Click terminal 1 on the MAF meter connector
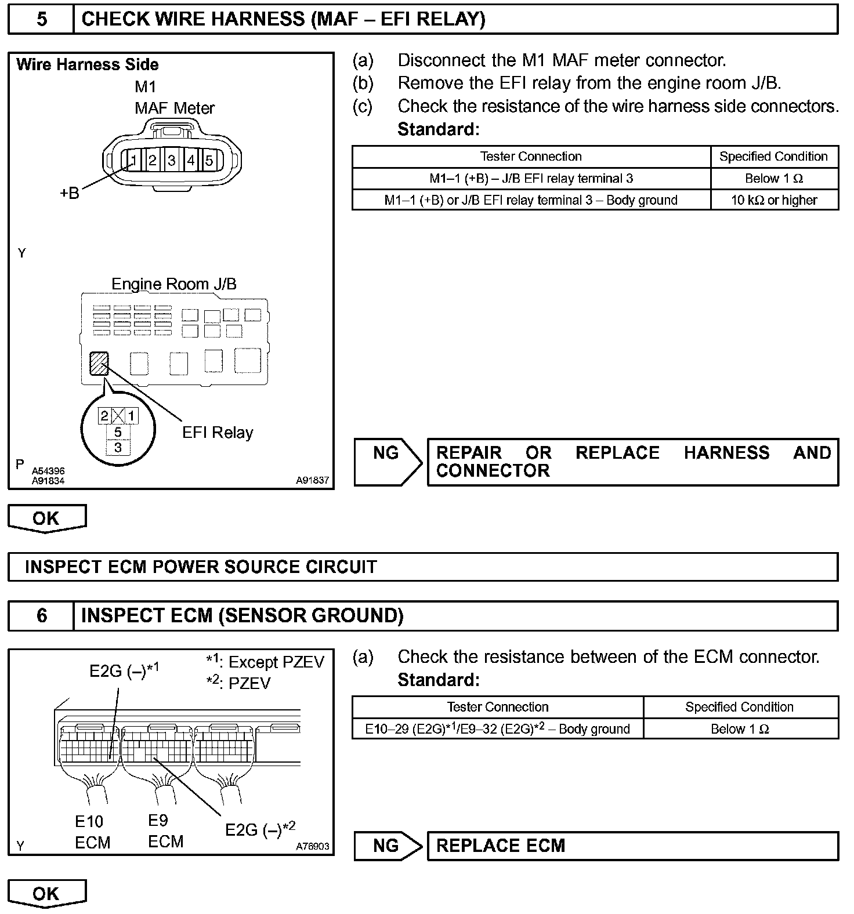pyautogui.click(x=133, y=159)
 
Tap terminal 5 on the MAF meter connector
pyautogui.click(x=209, y=159)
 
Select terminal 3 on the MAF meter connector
pyautogui.click(x=172, y=159)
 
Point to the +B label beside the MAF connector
pyautogui.click(x=70, y=193)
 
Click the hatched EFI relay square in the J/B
pyautogui.click(x=99, y=364)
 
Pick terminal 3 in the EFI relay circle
pyautogui.click(x=118, y=448)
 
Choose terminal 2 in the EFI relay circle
pyautogui.click(x=104, y=416)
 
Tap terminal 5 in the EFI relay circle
pyautogui.click(x=118, y=432)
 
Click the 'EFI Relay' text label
pyautogui.click(x=218, y=433)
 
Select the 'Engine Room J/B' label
pyautogui.click(x=174, y=284)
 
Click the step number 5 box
pyautogui.click(x=42, y=19)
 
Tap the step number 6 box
pyautogui.click(x=42, y=615)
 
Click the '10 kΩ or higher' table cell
pyautogui.click(x=774, y=200)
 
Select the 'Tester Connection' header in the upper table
pyautogui.click(x=531, y=157)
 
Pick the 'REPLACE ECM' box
pyautogui.click(x=632, y=846)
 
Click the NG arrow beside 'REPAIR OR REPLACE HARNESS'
pyautogui.click(x=388, y=462)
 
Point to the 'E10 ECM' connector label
pyautogui.click(x=92, y=832)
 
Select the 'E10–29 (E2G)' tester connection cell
pyautogui.click(x=497, y=729)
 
